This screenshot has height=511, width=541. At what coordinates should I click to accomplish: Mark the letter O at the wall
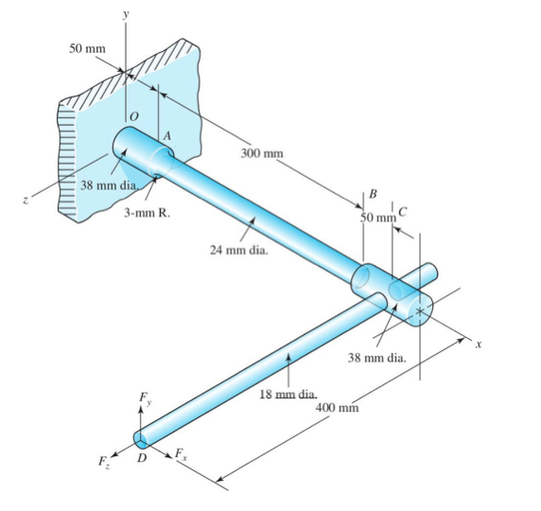click(x=134, y=115)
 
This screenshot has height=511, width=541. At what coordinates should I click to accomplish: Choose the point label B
click(x=373, y=194)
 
